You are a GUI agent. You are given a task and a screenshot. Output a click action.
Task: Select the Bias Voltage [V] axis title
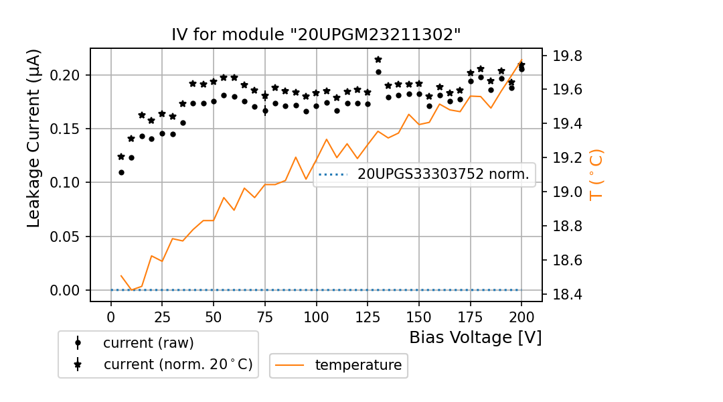pos(475,337)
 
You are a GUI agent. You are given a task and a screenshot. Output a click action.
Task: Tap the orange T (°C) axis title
pos(595,176)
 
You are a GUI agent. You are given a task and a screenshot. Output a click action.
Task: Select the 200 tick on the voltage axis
pos(521,316)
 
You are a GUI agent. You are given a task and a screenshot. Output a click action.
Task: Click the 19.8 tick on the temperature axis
pos(566,56)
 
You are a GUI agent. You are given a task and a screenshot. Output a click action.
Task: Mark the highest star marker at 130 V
pos(378,60)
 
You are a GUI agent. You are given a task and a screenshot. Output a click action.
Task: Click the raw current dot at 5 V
pos(121,172)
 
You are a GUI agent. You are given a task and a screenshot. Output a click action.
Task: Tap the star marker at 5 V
pos(121,157)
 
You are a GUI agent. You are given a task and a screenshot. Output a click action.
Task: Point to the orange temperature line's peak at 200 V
pos(521,60)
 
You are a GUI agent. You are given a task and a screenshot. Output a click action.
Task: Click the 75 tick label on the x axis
pos(265,316)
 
